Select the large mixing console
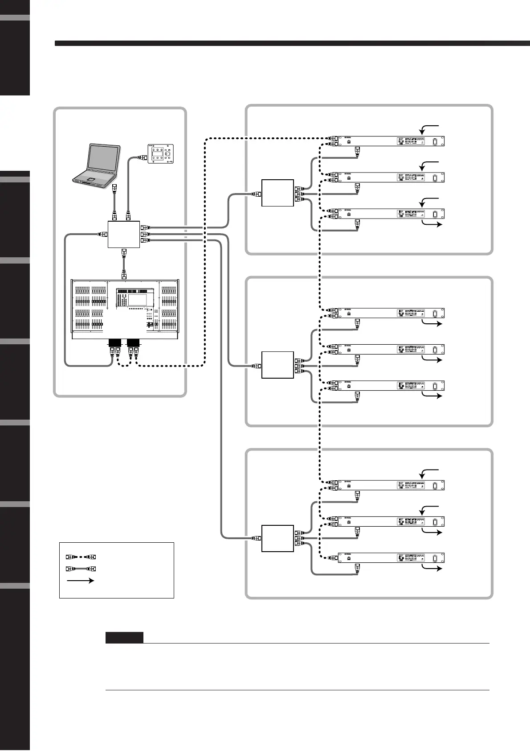[125, 308]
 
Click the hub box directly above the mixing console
[124, 234]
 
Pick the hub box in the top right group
[277, 193]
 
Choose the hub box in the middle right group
[277, 365]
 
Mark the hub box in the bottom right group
[277, 538]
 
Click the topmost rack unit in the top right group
[391, 141]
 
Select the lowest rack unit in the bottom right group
[391, 558]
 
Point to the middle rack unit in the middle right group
[391, 349]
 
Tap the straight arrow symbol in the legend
[81, 581]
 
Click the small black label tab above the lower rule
[124, 638]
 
